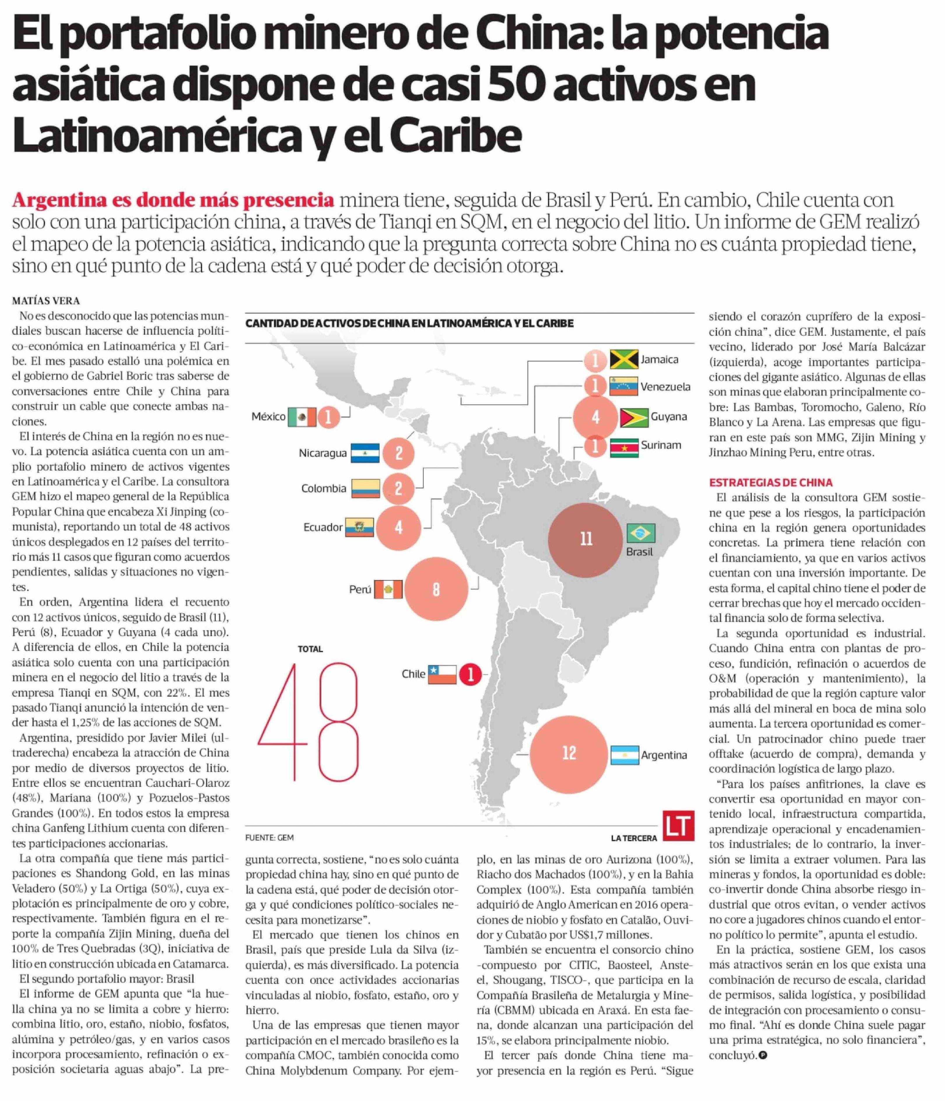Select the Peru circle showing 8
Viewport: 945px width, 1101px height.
(436, 589)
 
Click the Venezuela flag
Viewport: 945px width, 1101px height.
(624, 387)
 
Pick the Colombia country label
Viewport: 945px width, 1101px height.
(324, 488)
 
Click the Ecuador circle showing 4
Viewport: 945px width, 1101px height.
(398, 528)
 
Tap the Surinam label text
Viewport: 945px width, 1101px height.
(661, 445)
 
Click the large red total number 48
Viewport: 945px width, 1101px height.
(308, 721)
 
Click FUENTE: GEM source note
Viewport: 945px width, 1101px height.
(269, 838)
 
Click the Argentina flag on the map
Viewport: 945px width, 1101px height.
(624, 755)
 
